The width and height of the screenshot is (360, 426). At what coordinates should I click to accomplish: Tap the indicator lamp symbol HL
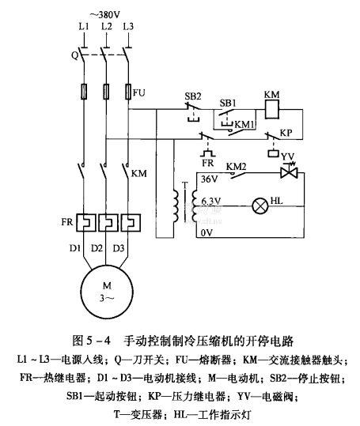[x=260, y=206]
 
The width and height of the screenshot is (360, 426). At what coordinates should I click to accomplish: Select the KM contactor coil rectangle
[x=272, y=110]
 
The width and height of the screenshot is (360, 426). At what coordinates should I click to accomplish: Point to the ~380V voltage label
[x=105, y=15]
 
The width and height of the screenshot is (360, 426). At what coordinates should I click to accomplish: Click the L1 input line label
[x=84, y=27]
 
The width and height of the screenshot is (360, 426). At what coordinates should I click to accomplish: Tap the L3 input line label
[x=128, y=27]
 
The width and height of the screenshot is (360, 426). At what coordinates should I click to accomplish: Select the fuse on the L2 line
[x=106, y=92]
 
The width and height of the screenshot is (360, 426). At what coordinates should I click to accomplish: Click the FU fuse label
[x=139, y=93]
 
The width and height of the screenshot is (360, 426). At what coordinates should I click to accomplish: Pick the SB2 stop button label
[x=193, y=96]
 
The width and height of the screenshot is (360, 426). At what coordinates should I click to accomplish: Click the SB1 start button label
[x=228, y=104]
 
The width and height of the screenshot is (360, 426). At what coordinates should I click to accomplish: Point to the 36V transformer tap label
[x=210, y=179]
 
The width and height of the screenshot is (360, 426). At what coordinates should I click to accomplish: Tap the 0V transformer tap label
[x=207, y=233]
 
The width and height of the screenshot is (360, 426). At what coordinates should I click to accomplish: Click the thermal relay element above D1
[x=85, y=223]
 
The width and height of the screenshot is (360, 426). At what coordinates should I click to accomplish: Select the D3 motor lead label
[x=119, y=248]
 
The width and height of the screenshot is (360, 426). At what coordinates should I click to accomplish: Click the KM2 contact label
[x=236, y=166]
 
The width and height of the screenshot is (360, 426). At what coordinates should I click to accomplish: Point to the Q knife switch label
[x=75, y=55]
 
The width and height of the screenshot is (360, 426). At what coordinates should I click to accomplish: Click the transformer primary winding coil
[x=176, y=205]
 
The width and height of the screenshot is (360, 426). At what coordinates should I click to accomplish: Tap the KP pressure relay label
[x=286, y=133]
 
